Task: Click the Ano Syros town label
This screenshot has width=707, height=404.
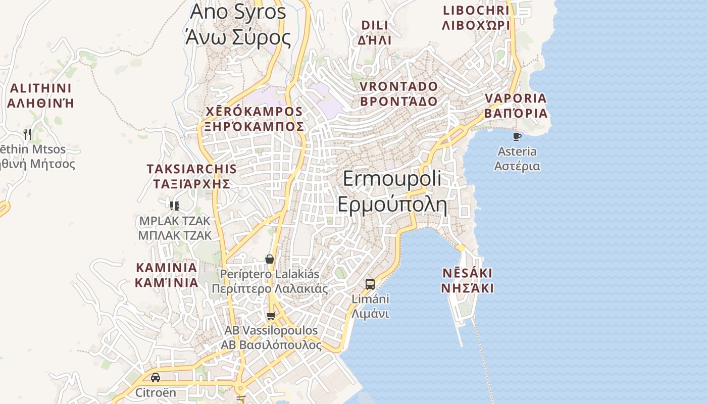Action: tap(238, 24)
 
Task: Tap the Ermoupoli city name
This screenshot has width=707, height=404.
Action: tap(392, 192)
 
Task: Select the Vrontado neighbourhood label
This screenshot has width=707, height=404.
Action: tap(398, 94)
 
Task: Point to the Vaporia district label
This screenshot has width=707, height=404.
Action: tap(516, 106)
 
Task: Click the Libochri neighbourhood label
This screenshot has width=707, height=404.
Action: tap(475, 18)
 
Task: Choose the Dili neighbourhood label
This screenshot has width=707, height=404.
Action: tap(375, 32)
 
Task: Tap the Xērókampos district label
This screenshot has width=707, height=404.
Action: tap(254, 119)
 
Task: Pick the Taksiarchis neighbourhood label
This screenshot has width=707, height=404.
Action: tap(191, 176)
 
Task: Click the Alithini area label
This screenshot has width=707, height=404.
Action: tap(40, 95)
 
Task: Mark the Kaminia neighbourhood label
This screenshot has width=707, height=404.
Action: tap(166, 275)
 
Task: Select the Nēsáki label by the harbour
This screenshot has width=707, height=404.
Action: tap(467, 281)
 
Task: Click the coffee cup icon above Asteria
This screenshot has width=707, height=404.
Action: tap(517, 136)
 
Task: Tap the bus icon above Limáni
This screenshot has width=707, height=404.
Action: tap(370, 284)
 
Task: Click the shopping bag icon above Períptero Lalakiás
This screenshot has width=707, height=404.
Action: tap(270, 259)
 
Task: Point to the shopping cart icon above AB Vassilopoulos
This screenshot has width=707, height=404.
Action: tap(271, 316)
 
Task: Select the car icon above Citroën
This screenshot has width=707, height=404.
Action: tap(156, 378)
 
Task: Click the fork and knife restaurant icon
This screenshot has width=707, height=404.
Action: tap(27, 134)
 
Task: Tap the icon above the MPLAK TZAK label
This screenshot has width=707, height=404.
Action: tap(175, 206)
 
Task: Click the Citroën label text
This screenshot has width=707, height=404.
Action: tap(156, 392)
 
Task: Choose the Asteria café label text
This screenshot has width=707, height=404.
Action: tap(517, 159)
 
